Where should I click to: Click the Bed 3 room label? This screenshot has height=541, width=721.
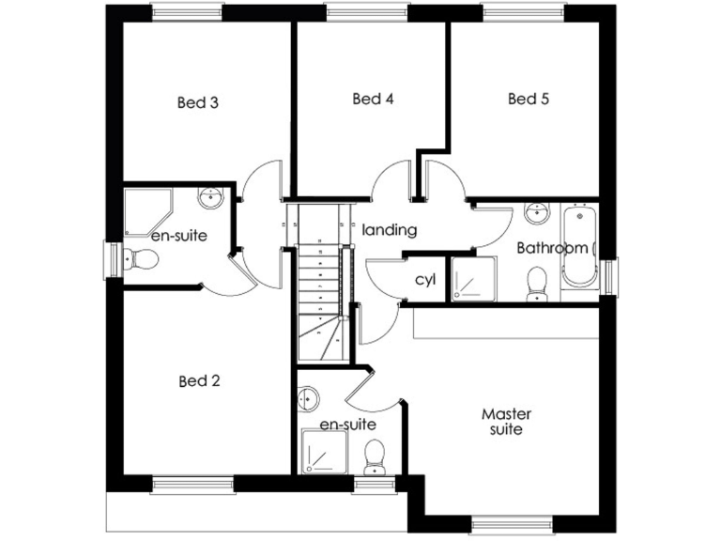(198, 102)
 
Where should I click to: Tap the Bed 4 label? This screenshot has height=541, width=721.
(372, 99)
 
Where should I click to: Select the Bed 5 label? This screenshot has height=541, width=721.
(528, 99)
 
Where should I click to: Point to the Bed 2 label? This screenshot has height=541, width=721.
(199, 381)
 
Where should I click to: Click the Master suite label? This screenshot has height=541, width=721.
(506, 421)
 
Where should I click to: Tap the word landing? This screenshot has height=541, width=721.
(389, 229)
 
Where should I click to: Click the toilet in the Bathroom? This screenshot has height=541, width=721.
(538, 283)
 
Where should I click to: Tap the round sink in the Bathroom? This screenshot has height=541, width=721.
(537, 213)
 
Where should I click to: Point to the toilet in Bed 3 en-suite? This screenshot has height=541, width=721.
(142, 259)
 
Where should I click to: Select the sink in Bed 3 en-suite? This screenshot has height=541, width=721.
(208, 198)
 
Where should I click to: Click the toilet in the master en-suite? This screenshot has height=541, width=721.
(374, 455)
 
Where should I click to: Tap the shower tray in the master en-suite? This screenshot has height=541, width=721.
(323, 453)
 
